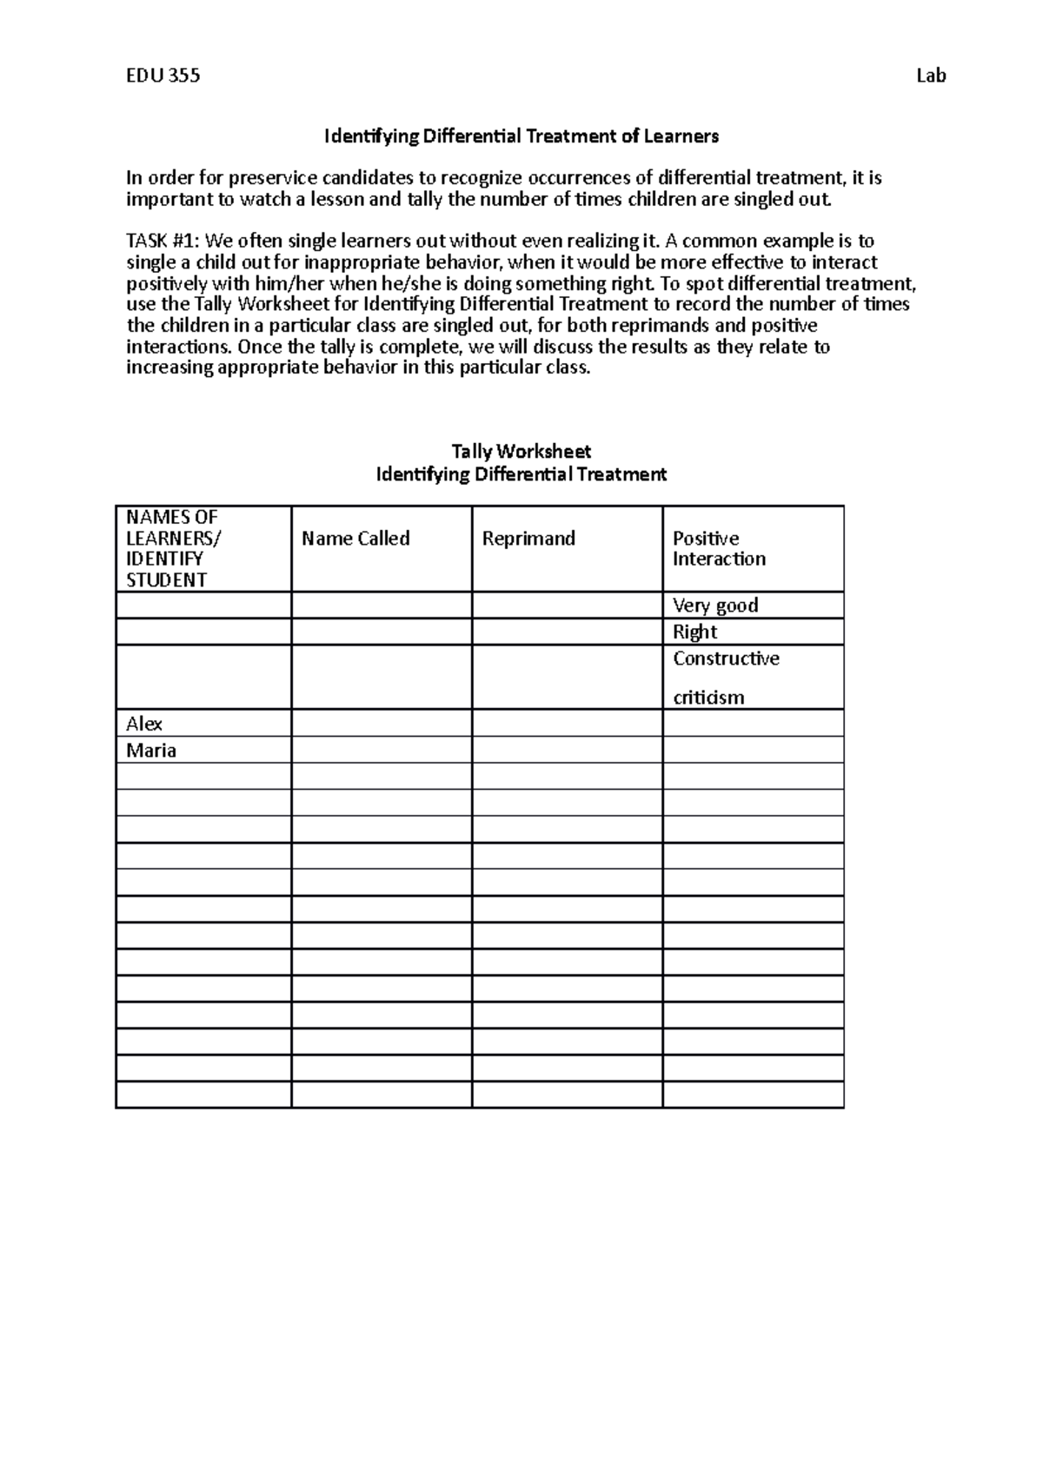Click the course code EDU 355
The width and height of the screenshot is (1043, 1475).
tap(163, 76)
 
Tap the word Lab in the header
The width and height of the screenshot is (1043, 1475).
tap(931, 76)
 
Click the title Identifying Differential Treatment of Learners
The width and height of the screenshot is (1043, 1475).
tap(521, 136)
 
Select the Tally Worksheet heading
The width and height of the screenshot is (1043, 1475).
tap(521, 452)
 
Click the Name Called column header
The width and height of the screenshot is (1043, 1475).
tap(355, 539)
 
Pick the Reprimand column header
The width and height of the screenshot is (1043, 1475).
tap(528, 539)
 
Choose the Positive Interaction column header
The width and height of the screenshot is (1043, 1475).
tap(719, 549)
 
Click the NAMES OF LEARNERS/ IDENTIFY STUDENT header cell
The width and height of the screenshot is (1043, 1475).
tap(173, 548)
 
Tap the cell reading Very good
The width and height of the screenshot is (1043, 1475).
tap(715, 605)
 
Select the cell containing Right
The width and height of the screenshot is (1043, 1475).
tap(694, 632)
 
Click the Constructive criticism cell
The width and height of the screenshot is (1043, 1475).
tap(726, 678)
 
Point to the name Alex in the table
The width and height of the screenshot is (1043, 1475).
tap(144, 724)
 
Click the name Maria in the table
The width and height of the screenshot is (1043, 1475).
tap(151, 751)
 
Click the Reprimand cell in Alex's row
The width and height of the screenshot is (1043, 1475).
tap(567, 724)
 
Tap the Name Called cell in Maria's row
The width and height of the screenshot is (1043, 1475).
tap(382, 751)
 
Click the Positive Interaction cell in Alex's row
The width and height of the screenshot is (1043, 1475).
tap(753, 724)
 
